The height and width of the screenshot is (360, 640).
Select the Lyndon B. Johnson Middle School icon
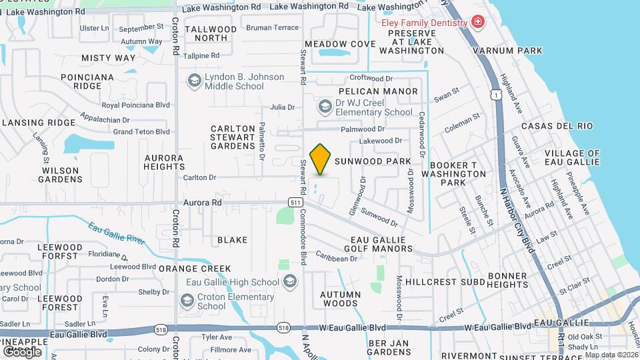(x=195, y=81)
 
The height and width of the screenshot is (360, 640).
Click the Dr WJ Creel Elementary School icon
(x=325, y=107)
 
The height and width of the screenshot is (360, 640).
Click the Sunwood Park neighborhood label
(x=373, y=161)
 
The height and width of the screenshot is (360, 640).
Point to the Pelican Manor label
(x=378, y=91)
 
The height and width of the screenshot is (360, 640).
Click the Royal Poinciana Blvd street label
(x=136, y=105)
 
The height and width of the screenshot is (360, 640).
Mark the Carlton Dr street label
(x=200, y=177)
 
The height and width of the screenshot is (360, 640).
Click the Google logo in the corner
(x=22, y=351)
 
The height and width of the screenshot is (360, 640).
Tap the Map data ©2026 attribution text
(x=611, y=355)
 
